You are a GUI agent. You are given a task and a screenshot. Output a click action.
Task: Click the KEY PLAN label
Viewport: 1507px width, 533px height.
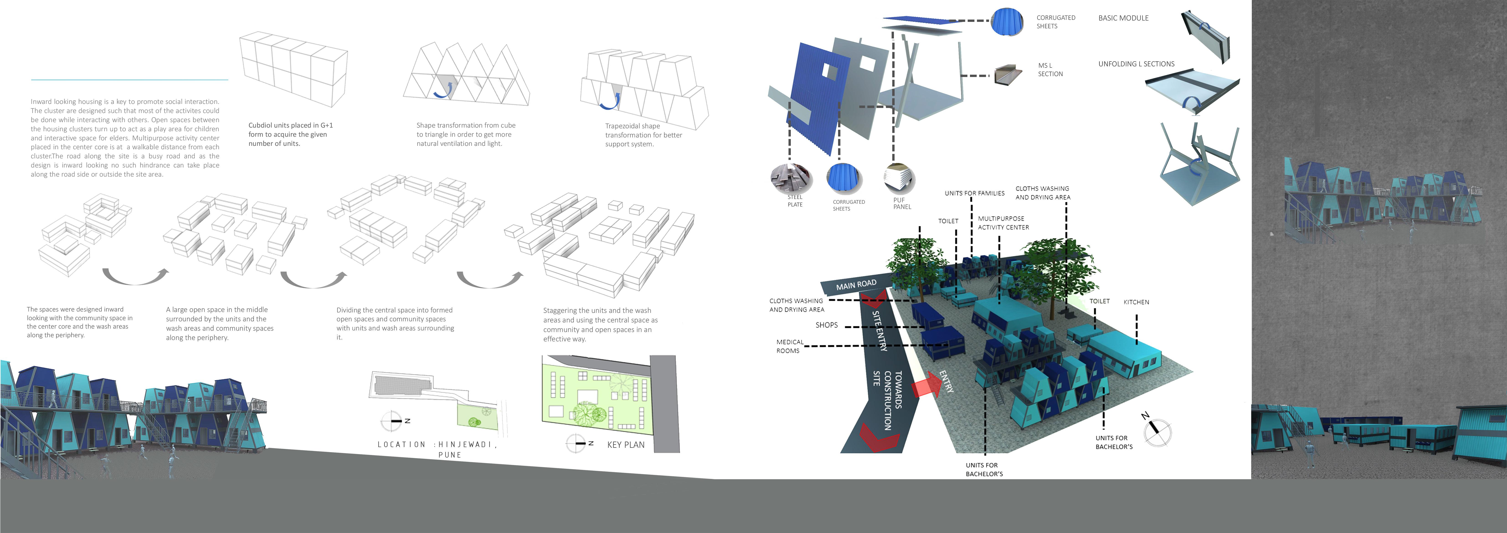[625, 445]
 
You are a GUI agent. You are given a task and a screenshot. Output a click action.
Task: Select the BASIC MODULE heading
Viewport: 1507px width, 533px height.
[1123, 18]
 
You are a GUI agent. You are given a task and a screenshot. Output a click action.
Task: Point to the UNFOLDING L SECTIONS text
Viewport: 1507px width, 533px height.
[1136, 64]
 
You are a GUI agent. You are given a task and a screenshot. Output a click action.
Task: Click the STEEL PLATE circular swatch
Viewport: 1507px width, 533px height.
[791, 178]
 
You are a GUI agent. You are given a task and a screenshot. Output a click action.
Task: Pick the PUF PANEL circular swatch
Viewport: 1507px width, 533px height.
[899, 178]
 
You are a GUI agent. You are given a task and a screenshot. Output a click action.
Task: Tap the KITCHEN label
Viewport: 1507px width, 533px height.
[1136, 302]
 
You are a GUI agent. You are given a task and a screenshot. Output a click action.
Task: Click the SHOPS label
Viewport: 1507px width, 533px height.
[827, 325]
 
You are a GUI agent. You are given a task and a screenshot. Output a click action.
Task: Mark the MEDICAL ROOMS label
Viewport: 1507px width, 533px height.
[789, 346]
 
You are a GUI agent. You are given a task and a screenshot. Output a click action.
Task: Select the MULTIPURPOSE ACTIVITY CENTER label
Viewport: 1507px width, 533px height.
[1003, 223]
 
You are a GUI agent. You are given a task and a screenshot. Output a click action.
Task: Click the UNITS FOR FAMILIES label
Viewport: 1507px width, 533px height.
[974, 193]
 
